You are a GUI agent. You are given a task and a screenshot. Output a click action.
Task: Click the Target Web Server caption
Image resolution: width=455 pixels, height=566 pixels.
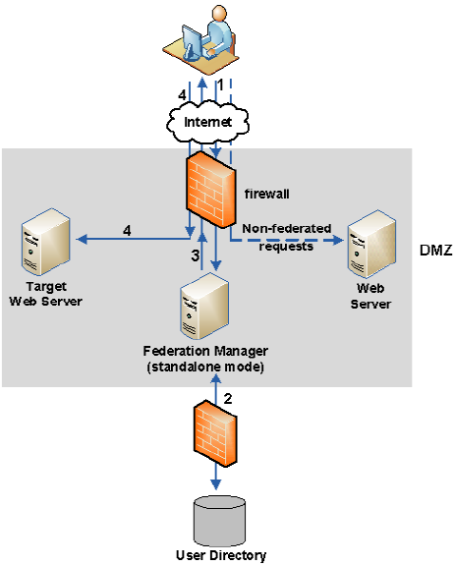(43, 292)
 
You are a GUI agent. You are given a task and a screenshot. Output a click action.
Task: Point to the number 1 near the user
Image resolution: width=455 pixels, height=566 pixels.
(221, 85)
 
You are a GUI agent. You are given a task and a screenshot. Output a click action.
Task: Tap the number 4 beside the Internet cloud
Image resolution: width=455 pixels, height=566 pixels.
(183, 95)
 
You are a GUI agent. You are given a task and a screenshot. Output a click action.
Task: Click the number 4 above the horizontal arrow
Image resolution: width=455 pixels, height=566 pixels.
(127, 229)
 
